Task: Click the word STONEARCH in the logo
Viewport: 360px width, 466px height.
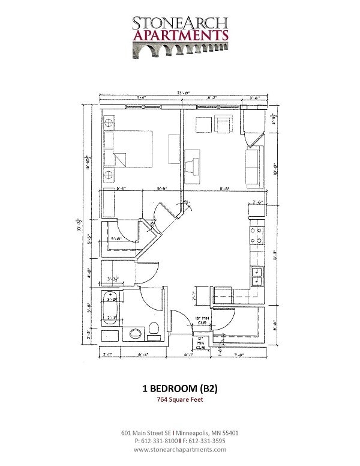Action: pos(180,23)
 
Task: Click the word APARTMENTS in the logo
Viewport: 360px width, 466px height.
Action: pos(180,35)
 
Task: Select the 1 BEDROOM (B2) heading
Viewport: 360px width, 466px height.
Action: pos(179,389)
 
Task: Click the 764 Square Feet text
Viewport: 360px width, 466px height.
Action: pos(179,401)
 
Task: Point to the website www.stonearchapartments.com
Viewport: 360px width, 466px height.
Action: pos(179,449)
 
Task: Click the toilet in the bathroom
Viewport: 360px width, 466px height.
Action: pos(154,330)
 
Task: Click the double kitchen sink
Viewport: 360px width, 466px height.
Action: pos(257,276)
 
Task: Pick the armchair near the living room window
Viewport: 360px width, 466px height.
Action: pos(225,125)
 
